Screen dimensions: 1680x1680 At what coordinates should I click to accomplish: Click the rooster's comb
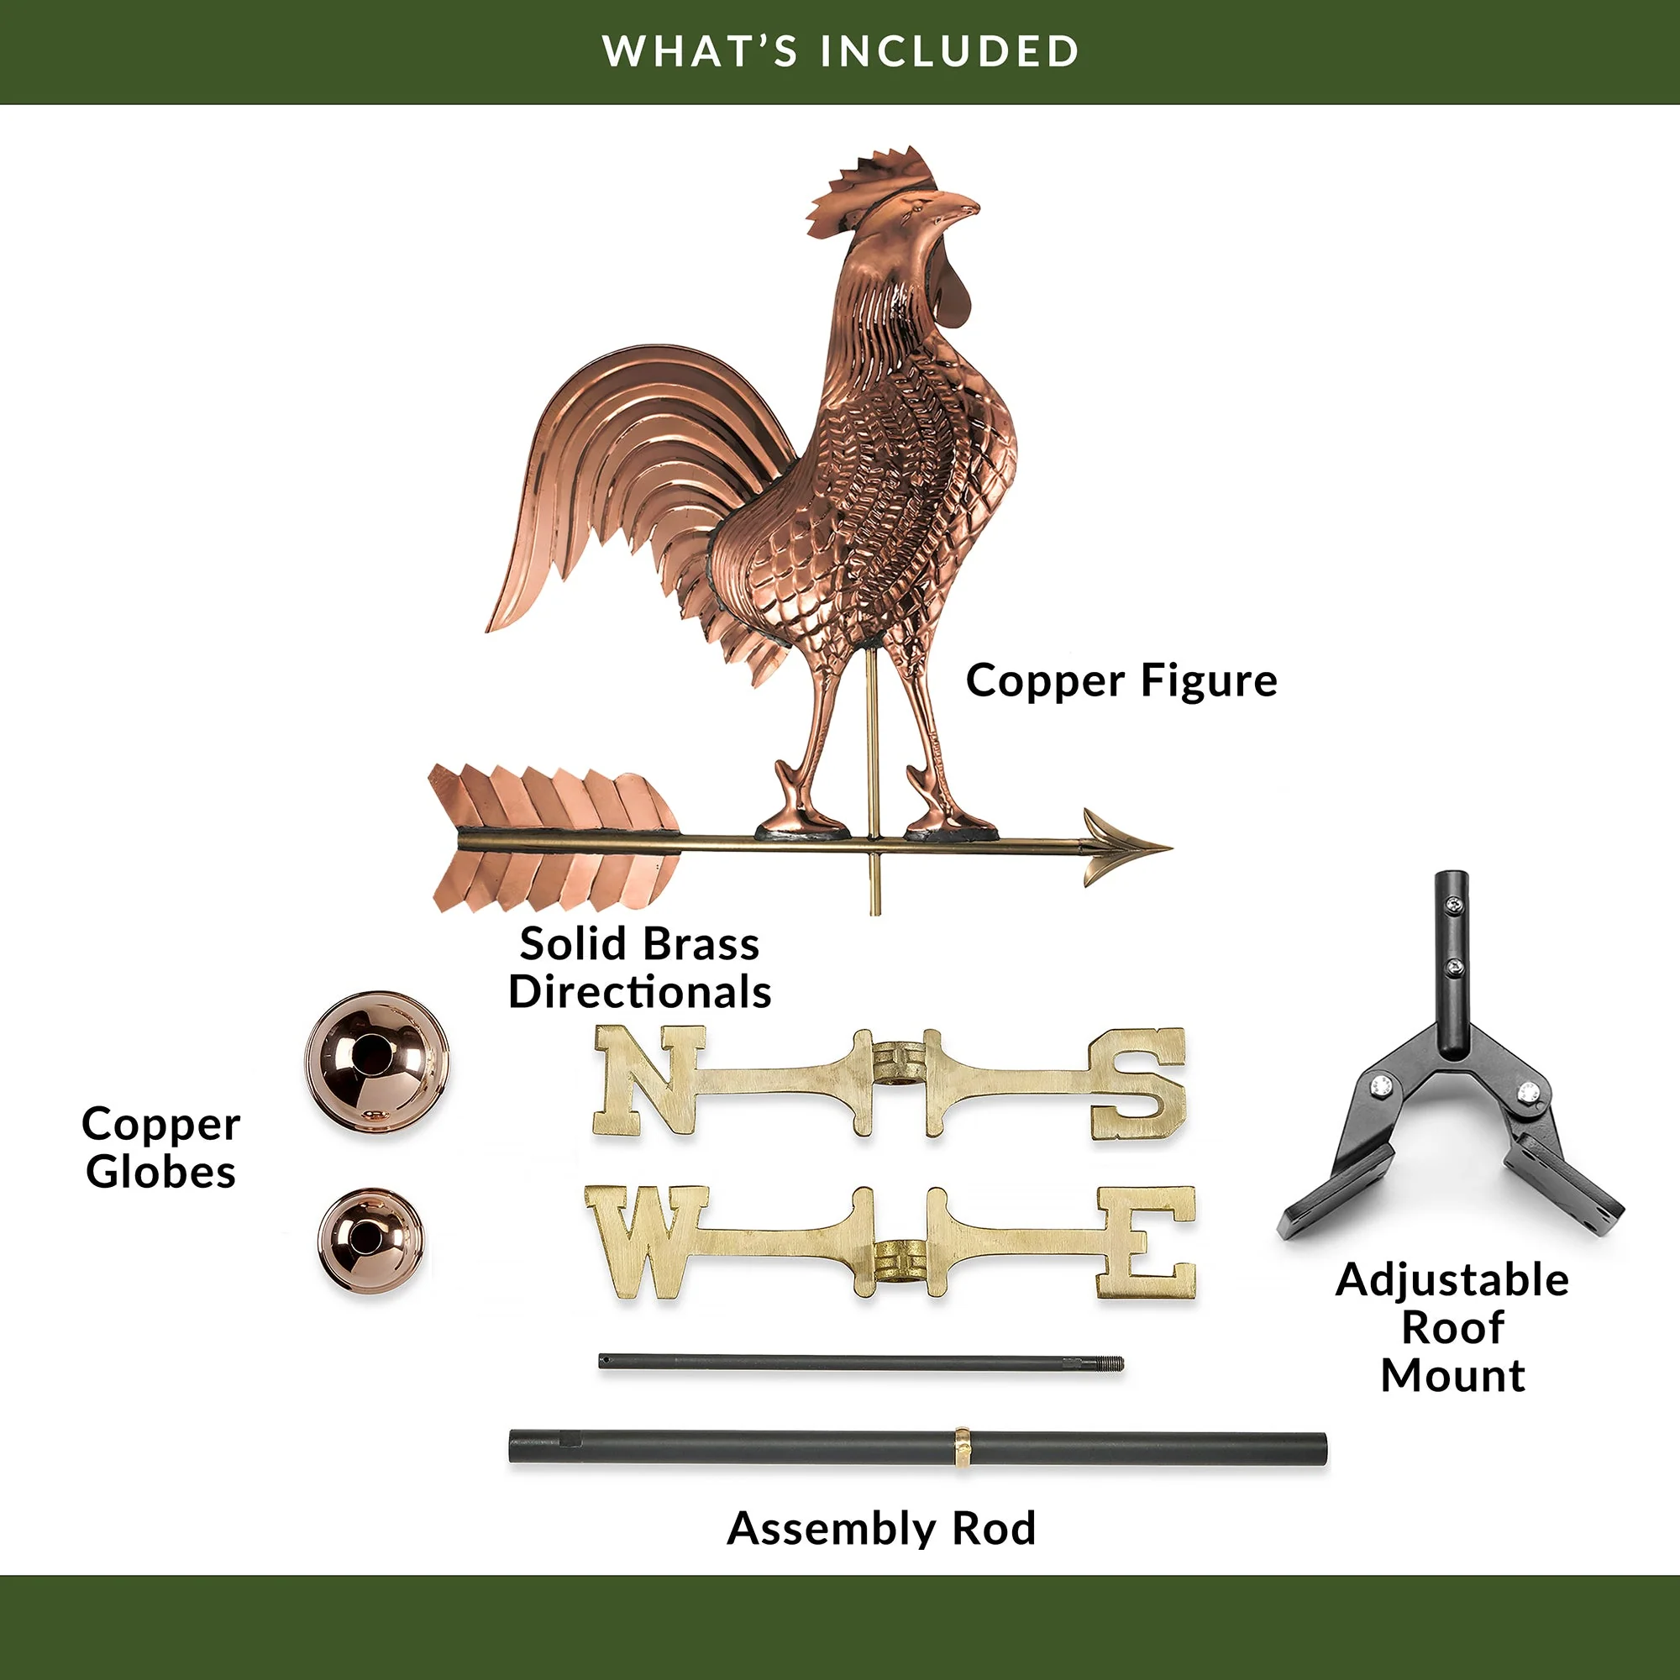869,191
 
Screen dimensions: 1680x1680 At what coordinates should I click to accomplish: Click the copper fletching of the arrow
554,839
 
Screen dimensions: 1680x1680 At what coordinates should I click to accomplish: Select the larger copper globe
377,1063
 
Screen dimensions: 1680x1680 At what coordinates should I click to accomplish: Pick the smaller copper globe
371,1241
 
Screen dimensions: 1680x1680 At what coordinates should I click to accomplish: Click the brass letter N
648,1081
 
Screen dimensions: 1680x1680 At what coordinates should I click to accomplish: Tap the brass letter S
1138,1084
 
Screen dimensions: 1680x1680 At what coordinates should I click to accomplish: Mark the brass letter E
1146,1242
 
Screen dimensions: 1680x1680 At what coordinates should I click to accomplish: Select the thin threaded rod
861,1362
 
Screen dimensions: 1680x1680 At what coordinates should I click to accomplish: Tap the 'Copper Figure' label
1121,680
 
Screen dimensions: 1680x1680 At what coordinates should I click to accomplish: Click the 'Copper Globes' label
161,1147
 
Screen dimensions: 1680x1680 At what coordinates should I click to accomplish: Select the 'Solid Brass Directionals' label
640,967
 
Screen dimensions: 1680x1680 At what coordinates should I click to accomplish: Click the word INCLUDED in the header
950,50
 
